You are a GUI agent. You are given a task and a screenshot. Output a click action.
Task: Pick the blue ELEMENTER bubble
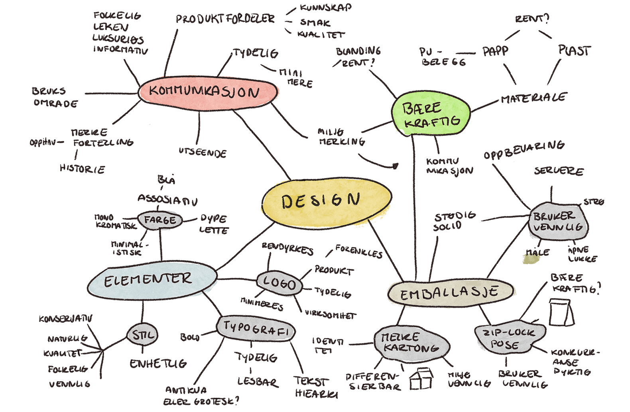152,280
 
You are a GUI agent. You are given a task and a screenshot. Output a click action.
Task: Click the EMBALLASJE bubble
450,293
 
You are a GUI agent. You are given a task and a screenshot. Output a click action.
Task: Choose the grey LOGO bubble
279,283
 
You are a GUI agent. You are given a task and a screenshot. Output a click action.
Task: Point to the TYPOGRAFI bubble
256,329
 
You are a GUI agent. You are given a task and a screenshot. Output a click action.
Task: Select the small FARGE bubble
159,220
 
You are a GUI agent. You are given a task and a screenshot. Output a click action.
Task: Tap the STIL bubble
142,335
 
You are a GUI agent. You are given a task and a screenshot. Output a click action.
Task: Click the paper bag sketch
561,312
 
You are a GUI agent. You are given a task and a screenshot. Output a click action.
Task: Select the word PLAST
574,50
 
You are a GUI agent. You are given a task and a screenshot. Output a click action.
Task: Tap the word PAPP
496,51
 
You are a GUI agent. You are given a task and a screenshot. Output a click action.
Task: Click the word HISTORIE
82,169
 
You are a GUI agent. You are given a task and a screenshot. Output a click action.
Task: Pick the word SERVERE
559,171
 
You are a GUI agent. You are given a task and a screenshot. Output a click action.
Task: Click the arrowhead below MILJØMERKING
396,166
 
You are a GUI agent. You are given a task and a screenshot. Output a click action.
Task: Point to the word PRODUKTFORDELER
225,19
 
